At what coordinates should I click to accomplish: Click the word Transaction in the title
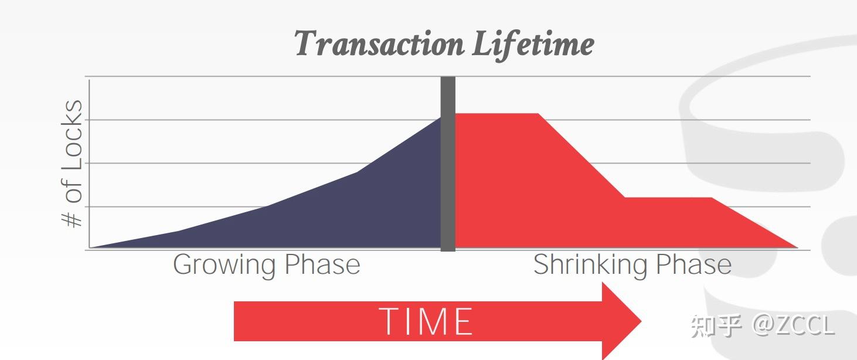379,43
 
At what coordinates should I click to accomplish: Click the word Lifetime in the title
533,45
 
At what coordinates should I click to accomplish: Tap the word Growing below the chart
224,265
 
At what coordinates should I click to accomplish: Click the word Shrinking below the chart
590,265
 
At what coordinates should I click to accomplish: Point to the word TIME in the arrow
426,321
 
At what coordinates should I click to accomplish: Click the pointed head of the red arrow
641,321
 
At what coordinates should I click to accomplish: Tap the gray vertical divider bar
448,164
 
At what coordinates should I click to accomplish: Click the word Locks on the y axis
72,135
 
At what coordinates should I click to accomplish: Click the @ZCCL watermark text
793,325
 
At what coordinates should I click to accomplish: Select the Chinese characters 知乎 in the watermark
716,327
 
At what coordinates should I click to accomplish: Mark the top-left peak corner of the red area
455,114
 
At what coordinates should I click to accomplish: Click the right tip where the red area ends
798,247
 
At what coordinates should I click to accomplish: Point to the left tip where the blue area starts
90,247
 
